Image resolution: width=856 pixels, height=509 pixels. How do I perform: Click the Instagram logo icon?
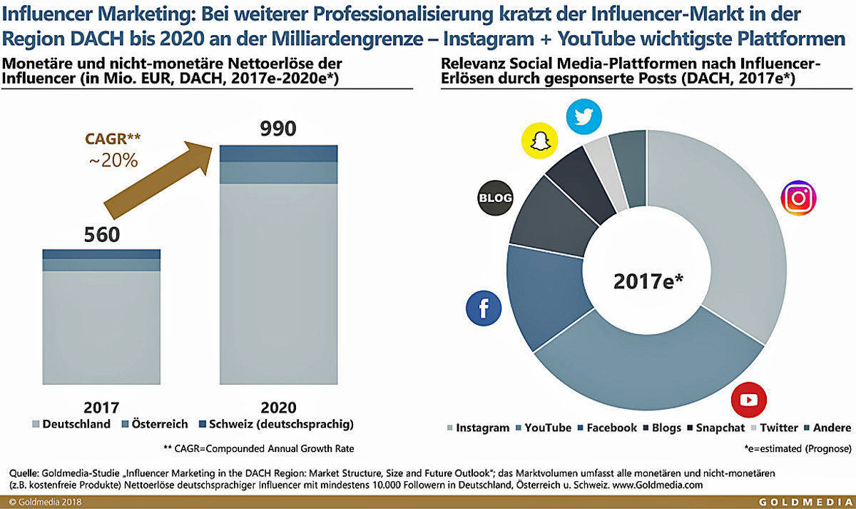(799, 199)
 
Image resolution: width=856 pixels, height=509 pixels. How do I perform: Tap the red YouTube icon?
(749, 400)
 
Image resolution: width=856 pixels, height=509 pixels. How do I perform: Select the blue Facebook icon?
(484, 308)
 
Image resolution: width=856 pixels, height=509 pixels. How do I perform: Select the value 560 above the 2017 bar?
(102, 234)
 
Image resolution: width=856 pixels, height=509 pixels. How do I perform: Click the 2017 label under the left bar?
(102, 407)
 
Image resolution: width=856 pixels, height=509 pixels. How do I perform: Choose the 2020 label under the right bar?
(278, 407)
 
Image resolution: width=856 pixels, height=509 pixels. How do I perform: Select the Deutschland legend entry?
(71, 424)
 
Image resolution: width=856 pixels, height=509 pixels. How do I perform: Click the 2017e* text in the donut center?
(648, 281)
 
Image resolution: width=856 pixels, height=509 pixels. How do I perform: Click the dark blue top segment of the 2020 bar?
(278, 153)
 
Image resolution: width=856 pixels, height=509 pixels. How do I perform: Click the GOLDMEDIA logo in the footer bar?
(805, 503)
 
